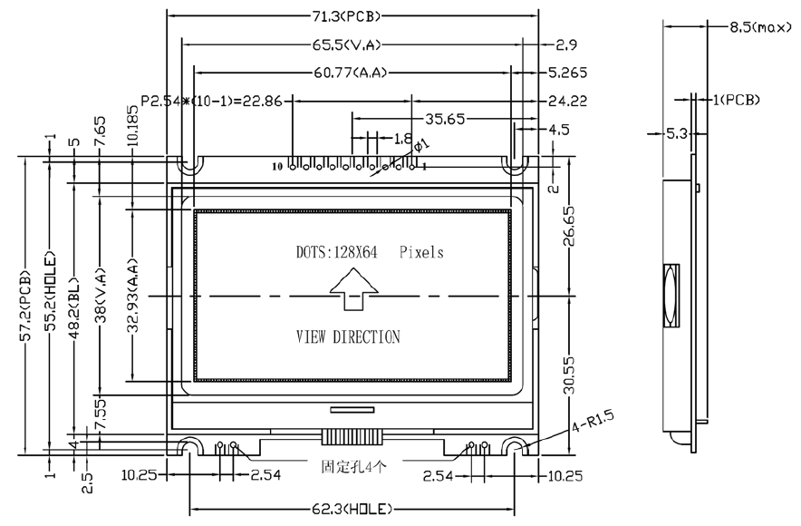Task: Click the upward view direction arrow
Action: point(353,296)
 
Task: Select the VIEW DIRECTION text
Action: point(348,337)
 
